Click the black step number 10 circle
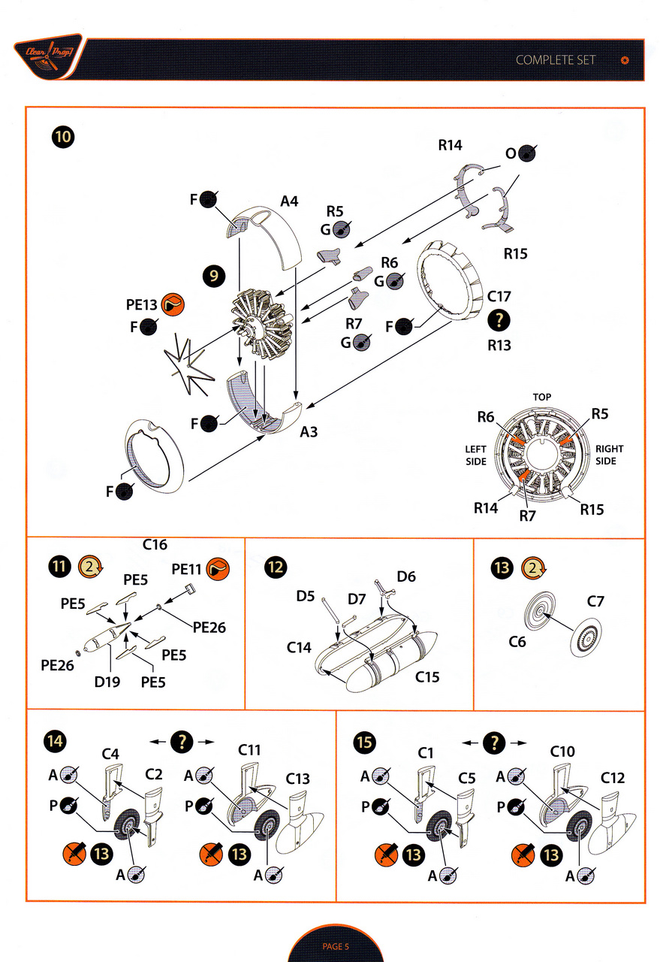click(64, 137)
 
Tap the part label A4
click(290, 201)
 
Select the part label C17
click(499, 296)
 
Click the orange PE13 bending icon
click(173, 304)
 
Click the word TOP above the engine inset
click(542, 397)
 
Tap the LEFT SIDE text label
click(476, 455)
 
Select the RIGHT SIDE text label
click(609, 455)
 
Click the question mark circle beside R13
click(499, 321)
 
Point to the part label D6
click(406, 576)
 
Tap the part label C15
click(427, 677)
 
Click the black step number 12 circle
click(275, 567)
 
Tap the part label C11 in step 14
click(249, 750)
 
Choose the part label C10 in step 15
click(562, 751)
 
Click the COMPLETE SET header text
click(556, 60)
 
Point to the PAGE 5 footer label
click(336, 946)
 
